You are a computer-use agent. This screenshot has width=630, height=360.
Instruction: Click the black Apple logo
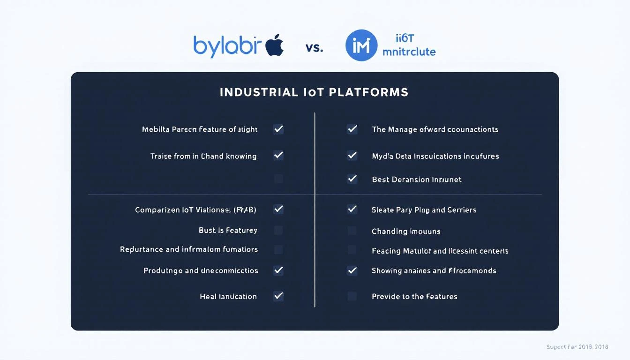coord(275,45)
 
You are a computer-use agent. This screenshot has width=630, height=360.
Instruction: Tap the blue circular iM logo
coord(361,45)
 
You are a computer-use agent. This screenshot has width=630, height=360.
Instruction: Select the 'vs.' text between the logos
coord(314,47)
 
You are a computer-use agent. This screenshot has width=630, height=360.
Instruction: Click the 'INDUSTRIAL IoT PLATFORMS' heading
coord(314,92)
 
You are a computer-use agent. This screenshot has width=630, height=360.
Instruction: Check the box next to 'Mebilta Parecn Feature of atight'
coord(278,129)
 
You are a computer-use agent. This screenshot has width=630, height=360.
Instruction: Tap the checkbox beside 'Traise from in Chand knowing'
coord(278,155)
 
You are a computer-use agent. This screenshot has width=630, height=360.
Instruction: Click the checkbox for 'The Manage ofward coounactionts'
coord(352,129)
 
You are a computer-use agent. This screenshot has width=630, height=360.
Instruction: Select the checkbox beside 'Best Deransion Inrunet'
coord(352,179)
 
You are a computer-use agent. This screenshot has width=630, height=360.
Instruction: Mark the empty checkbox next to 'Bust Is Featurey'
coord(278,230)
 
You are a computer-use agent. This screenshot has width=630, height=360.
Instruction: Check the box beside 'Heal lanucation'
coord(278,296)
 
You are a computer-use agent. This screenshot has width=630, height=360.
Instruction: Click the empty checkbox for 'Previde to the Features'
coord(352,296)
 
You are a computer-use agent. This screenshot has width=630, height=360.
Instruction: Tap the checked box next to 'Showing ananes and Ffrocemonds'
coord(352,270)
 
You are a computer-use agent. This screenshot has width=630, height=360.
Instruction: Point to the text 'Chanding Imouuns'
coord(406,232)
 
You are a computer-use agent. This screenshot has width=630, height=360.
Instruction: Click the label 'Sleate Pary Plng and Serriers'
coord(424,210)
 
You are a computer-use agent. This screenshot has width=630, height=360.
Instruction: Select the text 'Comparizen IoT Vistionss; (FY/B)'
coord(195,210)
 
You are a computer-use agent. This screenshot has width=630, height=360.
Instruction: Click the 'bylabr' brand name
coord(225,46)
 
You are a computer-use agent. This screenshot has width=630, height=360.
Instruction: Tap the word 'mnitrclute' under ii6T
coord(409,52)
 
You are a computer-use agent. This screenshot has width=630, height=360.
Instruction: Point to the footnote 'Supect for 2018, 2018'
coord(577,347)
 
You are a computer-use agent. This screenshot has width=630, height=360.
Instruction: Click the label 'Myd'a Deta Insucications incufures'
coord(435,156)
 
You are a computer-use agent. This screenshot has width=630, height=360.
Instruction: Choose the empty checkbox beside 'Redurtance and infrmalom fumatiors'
coord(278,249)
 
